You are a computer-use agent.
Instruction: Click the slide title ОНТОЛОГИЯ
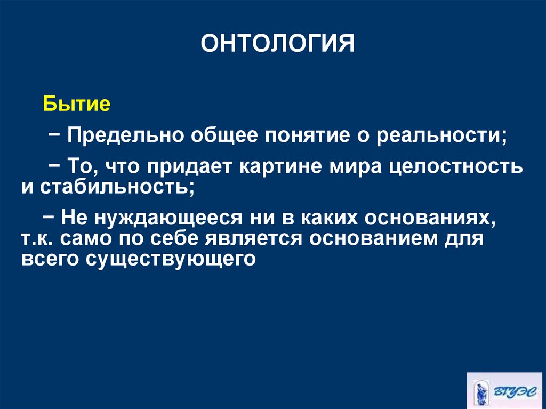(x=278, y=43)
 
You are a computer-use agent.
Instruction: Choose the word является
(x=245, y=238)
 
